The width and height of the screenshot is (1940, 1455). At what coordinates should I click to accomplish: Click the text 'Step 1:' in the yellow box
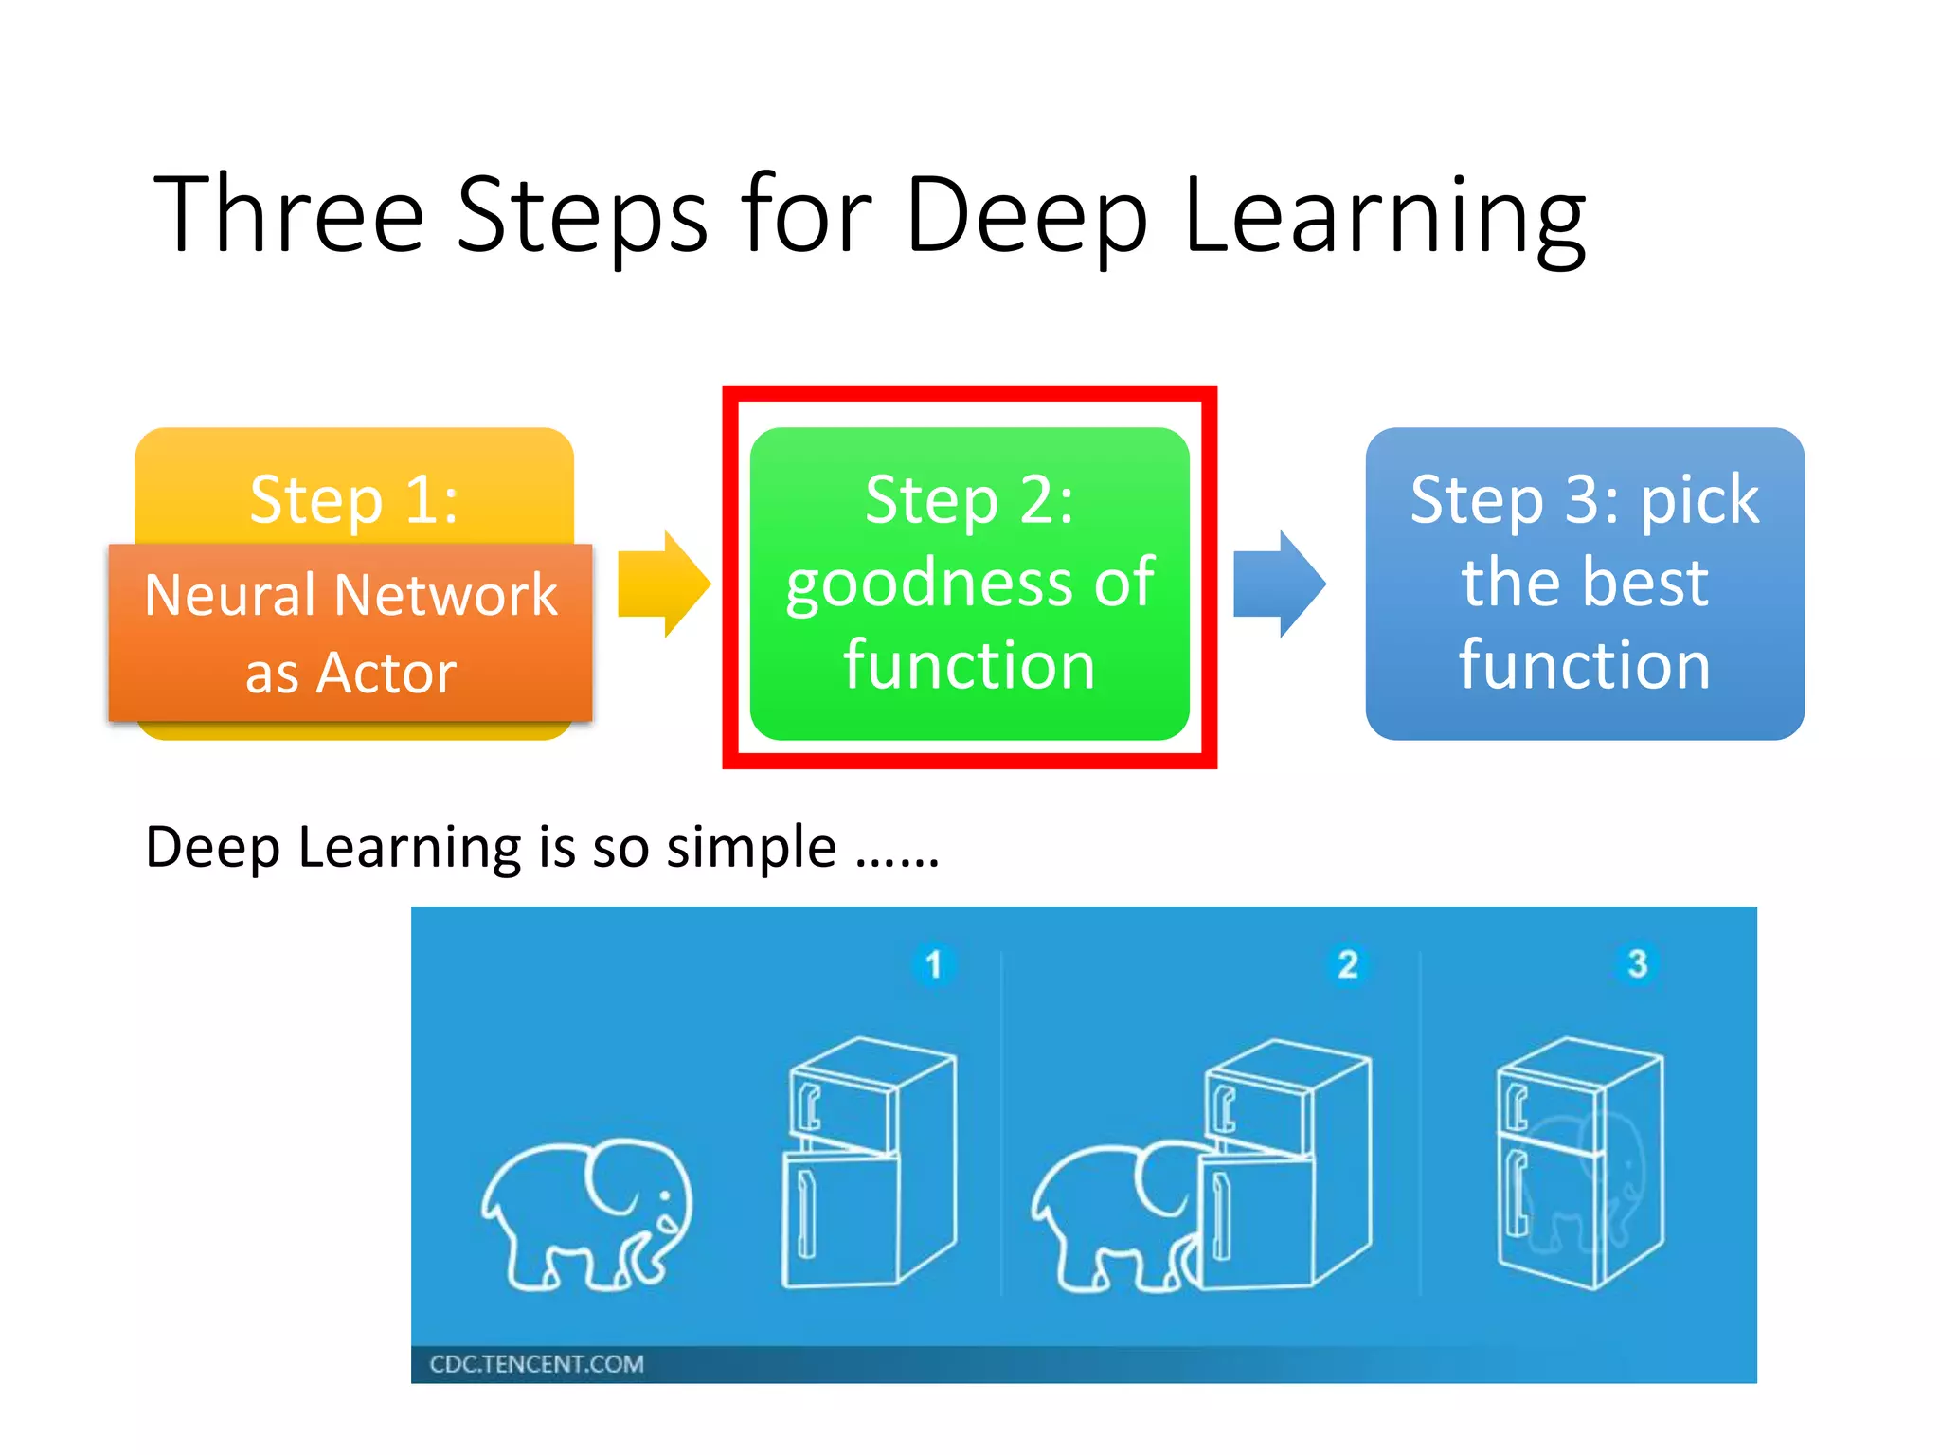coord(354,499)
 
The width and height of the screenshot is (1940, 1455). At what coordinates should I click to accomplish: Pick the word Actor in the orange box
coord(386,674)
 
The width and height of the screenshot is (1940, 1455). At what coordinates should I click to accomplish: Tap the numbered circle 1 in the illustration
coord(934,964)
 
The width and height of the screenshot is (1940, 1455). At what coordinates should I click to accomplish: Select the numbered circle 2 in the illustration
coord(1348,964)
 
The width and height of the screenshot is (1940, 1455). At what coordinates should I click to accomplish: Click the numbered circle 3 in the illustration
coord(1637,963)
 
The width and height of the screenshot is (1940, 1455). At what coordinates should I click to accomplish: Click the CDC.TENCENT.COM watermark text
coord(536,1364)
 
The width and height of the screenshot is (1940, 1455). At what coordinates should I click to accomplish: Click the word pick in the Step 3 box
coord(1699,499)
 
